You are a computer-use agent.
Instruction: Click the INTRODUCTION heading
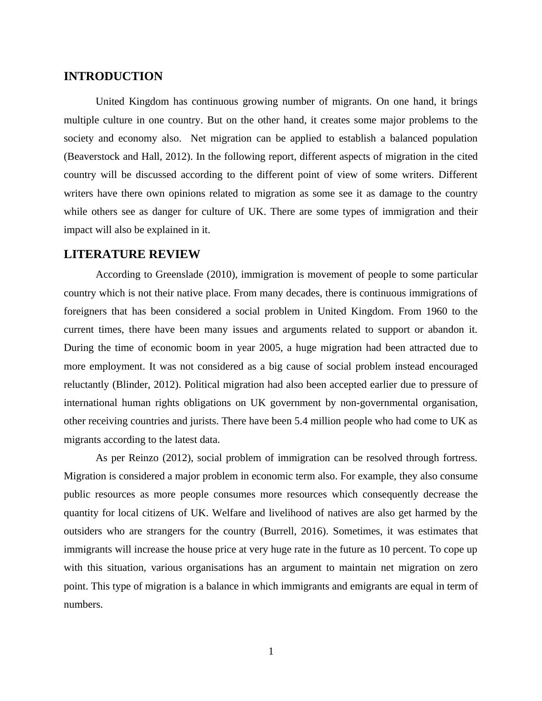tap(113, 76)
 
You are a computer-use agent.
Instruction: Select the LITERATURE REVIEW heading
tap(132, 254)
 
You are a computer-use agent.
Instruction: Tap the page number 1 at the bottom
tap(271, 652)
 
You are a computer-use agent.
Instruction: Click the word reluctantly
tap(87, 385)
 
